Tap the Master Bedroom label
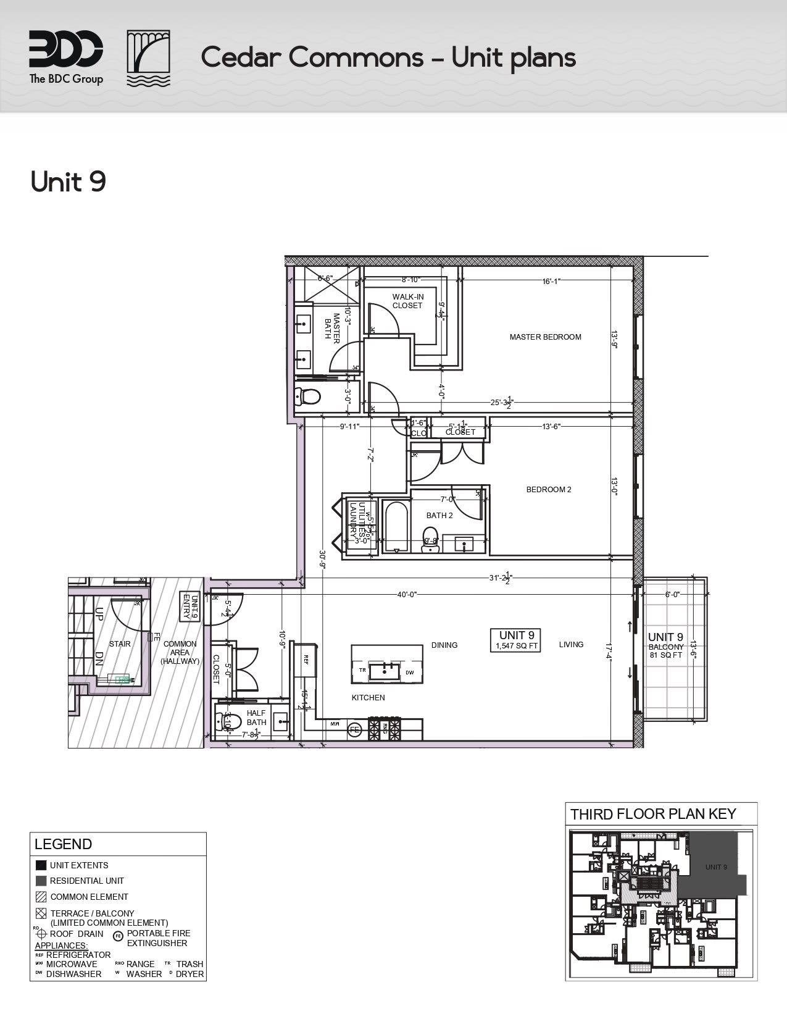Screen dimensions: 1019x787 [x=545, y=337]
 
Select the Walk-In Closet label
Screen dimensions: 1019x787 [x=407, y=301]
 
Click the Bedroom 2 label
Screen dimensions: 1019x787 [x=548, y=490]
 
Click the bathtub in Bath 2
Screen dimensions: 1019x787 [x=395, y=526]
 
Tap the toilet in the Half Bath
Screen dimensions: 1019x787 [x=219, y=720]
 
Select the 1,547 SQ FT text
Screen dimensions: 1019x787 [x=516, y=647]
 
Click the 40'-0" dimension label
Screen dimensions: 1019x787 [x=407, y=595]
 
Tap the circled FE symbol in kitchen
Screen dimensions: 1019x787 [x=354, y=729]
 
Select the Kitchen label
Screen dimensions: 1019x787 [x=368, y=698]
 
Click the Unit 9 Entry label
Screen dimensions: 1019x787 [x=189, y=606]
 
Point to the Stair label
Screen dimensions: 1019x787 [x=120, y=644]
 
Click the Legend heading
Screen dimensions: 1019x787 [x=63, y=844]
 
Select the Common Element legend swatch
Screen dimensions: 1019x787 [x=41, y=897]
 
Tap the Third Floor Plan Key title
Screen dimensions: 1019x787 [x=653, y=813]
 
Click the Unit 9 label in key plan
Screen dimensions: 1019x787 [x=716, y=867]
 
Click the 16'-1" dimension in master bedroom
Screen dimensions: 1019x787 [x=551, y=282]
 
